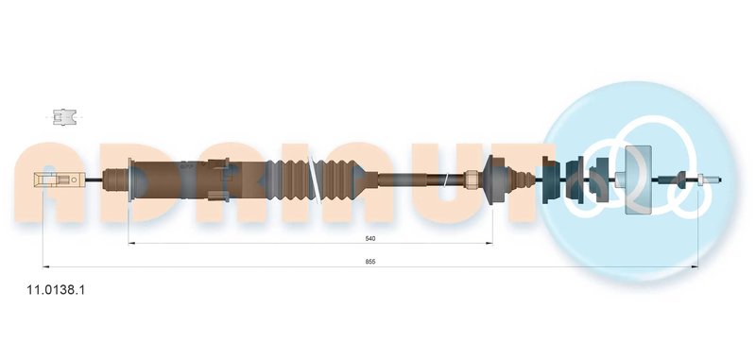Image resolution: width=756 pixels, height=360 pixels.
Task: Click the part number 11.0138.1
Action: [x=57, y=290]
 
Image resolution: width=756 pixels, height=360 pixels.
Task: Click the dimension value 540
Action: [x=370, y=238]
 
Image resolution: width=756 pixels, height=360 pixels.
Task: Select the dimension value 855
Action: [x=370, y=262]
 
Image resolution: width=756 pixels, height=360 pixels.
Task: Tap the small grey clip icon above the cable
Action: [x=64, y=116]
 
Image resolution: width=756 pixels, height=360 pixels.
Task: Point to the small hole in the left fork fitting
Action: [x=75, y=180]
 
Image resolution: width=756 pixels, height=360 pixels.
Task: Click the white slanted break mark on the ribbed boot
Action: [x=315, y=180]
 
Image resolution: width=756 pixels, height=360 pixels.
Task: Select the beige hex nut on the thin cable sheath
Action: [x=471, y=180]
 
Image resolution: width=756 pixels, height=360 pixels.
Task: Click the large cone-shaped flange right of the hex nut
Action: [x=493, y=180]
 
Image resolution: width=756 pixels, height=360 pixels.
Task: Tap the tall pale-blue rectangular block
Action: [x=638, y=180]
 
